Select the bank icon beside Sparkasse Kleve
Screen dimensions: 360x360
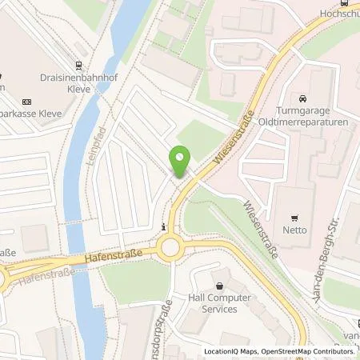point(26,102)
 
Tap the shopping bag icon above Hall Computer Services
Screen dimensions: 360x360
point(218,284)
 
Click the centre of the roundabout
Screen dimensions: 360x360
point(170,249)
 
